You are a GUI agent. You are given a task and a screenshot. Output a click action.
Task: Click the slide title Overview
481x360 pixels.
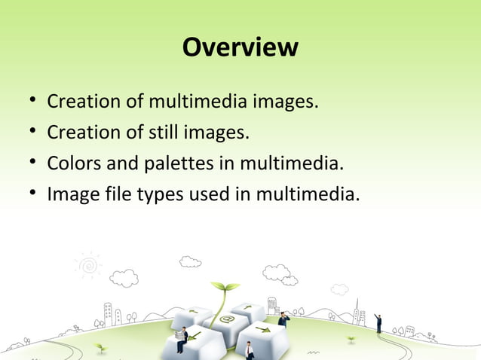[240, 47]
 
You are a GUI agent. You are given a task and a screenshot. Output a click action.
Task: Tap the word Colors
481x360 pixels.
[73, 163]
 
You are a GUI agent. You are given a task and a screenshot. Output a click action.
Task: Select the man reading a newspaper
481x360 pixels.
[181, 339]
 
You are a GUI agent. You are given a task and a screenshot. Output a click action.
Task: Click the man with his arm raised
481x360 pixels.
[378, 322]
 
